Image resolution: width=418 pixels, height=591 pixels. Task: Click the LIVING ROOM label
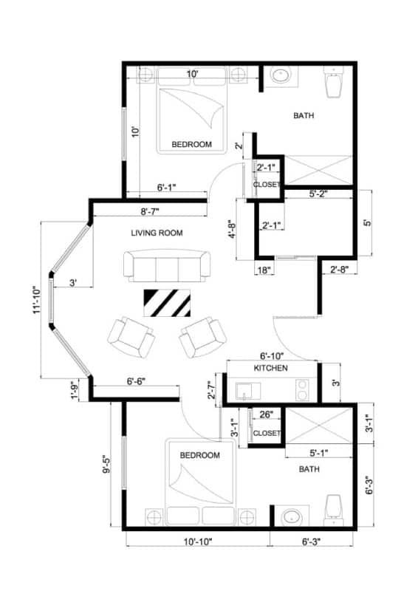157,233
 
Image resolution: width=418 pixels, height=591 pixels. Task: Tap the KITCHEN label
270,368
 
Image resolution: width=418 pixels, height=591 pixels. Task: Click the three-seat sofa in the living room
167,265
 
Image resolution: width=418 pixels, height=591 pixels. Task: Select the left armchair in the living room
131,336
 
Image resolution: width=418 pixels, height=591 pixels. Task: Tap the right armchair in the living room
201,337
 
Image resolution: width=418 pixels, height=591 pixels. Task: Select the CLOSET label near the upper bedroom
267,185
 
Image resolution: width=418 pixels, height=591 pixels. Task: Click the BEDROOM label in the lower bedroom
199,456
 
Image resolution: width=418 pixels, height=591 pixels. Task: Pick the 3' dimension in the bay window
73,283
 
